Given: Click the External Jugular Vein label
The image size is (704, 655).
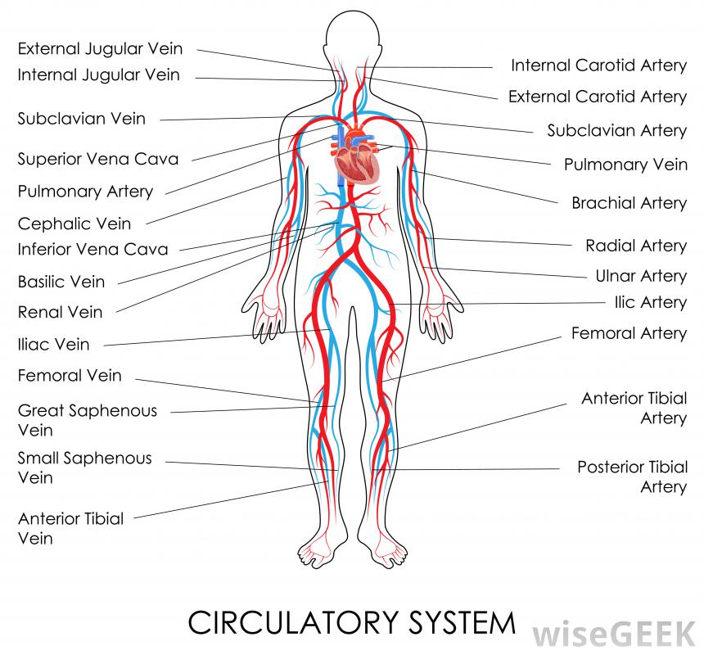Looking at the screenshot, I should pos(100,49).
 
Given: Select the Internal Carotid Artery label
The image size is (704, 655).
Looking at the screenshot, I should pos(598,65).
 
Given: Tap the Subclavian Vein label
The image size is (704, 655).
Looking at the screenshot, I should pos(82,119).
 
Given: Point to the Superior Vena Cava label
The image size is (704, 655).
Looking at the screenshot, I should pos(98,159).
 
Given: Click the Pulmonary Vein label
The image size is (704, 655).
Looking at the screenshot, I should pos(625,165).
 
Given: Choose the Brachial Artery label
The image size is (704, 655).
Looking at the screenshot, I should pos(629,202).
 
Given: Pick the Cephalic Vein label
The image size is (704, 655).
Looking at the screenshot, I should pos(74,223).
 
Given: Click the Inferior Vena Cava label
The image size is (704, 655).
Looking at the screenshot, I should pos(93,249).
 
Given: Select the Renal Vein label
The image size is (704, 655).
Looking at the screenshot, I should pos(61,312).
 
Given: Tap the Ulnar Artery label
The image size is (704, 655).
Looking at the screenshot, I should pos(641,276).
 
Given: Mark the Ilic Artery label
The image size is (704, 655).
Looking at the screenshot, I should pos(650,302).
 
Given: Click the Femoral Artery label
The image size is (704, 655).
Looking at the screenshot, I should pos(629,333).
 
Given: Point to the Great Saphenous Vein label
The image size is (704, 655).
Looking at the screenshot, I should pos(88,420).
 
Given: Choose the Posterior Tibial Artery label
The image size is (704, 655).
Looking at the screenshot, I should pos(632,477).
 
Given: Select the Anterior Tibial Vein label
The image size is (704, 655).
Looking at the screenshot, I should pos(71,528).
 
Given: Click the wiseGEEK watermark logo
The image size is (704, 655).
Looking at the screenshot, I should pos(616,633).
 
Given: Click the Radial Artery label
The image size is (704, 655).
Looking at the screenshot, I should pos(636,246).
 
